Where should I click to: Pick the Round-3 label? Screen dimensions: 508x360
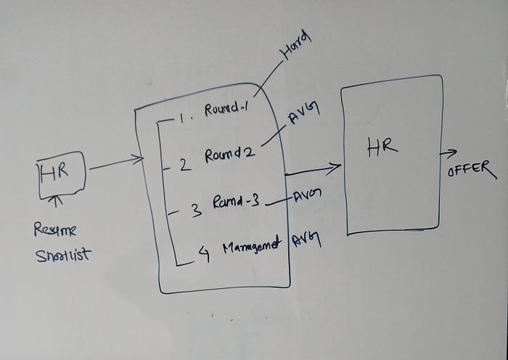(x=237, y=204)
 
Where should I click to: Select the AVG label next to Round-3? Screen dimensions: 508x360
(x=308, y=196)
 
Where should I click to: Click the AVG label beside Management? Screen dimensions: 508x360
(x=308, y=240)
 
